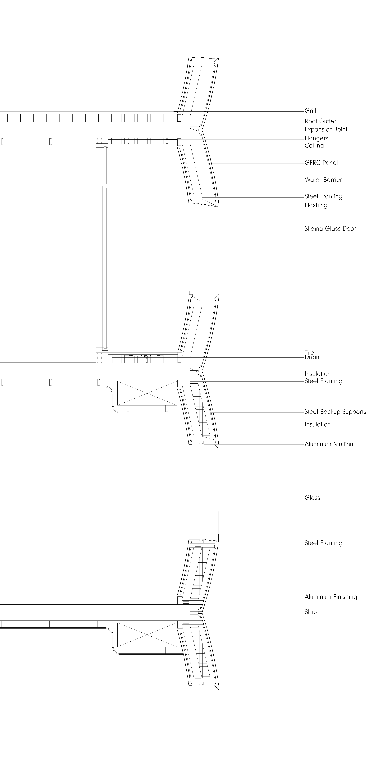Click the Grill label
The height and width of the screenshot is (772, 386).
[x=310, y=111]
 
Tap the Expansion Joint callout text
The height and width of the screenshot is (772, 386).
[x=326, y=129]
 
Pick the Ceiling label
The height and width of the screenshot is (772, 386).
[x=314, y=146]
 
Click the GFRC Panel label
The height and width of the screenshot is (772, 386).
[x=321, y=163]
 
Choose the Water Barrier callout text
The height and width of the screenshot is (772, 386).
[x=323, y=180]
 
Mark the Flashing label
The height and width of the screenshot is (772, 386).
[x=316, y=205]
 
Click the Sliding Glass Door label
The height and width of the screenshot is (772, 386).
[x=330, y=229]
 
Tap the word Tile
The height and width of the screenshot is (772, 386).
[x=309, y=352]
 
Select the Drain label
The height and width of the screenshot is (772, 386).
[x=312, y=357]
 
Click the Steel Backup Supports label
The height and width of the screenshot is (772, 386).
[x=335, y=412]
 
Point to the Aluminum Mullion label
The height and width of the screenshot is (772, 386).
[x=329, y=444]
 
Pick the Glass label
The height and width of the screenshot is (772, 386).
[x=312, y=498]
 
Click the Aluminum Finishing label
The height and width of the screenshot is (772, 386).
[x=331, y=597]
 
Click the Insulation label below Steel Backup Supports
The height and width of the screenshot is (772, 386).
[x=318, y=424]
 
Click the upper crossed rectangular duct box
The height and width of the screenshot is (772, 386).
[x=147, y=393]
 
